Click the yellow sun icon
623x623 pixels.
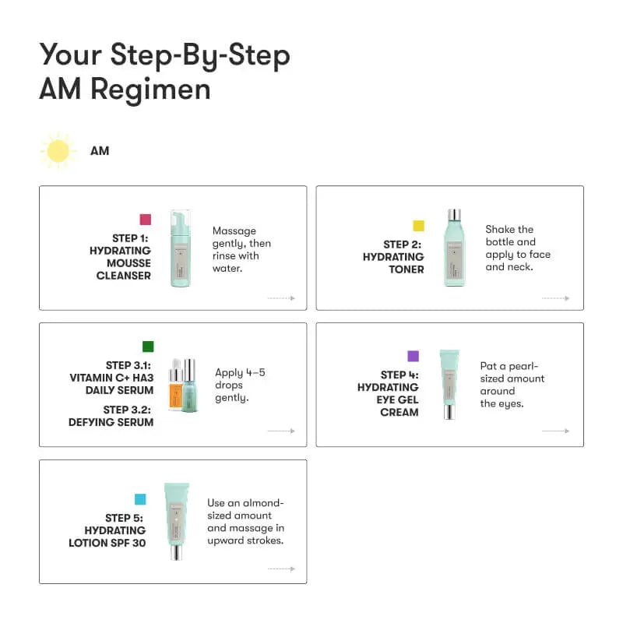tap(58, 150)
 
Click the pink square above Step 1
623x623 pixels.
tap(145, 220)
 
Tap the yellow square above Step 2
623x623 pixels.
tap(418, 226)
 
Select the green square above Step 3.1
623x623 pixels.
tap(148, 347)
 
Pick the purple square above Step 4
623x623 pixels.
tap(413, 356)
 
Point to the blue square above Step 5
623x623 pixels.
tap(140, 499)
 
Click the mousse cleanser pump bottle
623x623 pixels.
tap(181, 248)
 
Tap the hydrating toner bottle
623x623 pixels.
tap(454, 247)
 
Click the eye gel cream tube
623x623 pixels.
tap(449, 384)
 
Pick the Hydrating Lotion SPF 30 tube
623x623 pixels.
tap(177, 521)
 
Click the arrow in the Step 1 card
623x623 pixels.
tap(281, 298)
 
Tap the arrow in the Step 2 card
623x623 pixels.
tap(555, 298)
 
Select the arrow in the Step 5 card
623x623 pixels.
tap(281, 569)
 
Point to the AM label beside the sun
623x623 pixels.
tap(100, 150)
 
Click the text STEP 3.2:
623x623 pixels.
tap(128, 410)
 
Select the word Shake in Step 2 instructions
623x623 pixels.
tap(500, 230)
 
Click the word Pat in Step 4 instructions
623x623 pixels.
tap(489, 366)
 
